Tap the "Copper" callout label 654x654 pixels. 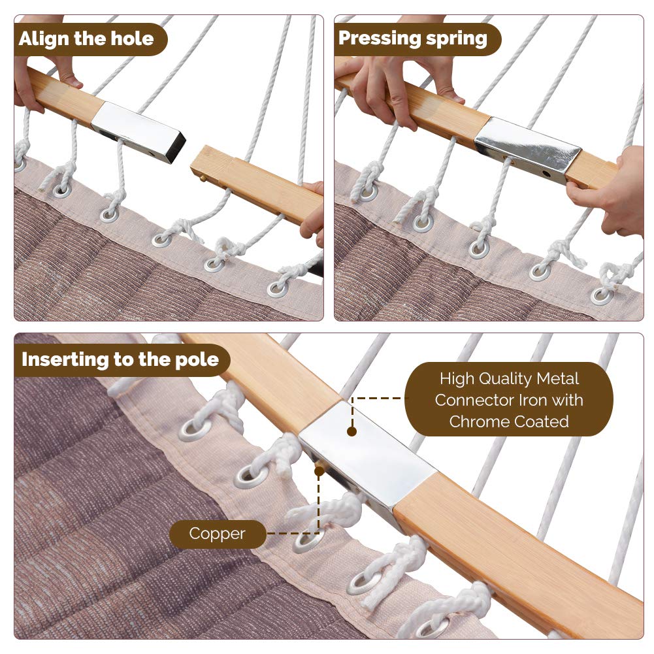pyautogui.click(x=218, y=534)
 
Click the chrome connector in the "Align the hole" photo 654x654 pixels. pyautogui.click(x=138, y=131)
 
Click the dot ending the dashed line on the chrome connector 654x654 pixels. pyautogui.click(x=352, y=431)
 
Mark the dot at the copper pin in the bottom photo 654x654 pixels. pyautogui.click(x=319, y=471)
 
